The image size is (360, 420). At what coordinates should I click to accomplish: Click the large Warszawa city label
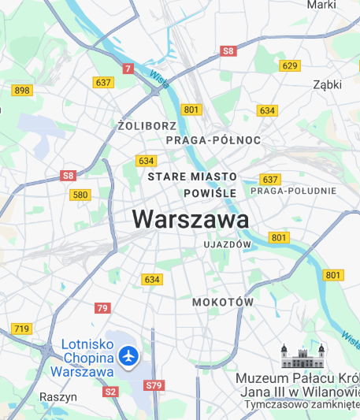[x=191, y=218]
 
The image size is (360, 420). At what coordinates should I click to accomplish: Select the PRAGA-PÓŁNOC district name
[x=213, y=139]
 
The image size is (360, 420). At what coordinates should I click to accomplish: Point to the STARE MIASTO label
[x=193, y=177]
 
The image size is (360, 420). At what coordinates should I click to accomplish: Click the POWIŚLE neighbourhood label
[x=210, y=193]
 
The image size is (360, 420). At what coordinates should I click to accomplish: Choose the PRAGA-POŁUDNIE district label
[x=293, y=191]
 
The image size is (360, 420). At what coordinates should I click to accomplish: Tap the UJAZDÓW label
[x=227, y=245]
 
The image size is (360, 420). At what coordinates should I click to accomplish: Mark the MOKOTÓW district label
[x=223, y=302]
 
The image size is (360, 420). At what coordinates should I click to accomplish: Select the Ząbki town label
[x=327, y=84]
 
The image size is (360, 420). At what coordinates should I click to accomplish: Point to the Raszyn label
[x=59, y=397]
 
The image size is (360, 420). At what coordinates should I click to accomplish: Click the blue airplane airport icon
[x=128, y=356]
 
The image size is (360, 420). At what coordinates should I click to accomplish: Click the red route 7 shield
[x=128, y=69]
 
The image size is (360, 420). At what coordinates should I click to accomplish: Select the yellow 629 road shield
[x=290, y=65]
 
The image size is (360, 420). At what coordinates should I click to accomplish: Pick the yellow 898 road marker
[x=22, y=90]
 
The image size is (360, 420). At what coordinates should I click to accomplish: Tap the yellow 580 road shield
[x=80, y=195]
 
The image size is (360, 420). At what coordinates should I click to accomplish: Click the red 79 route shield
[x=102, y=308]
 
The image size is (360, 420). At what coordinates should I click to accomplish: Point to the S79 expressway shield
[x=154, y=385]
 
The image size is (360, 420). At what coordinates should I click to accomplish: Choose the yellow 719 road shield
[x=22, y=328]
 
